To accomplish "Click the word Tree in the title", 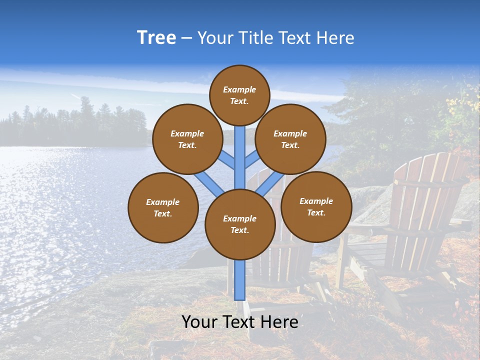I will (x=156, y=38).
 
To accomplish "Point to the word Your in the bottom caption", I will (x=201, y=322).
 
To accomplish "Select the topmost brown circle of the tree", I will (x=239, y=95).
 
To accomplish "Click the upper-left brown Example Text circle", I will (x=187, y=139).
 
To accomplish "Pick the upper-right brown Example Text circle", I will (x=290, y=139).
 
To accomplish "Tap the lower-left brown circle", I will (x=163, y=207).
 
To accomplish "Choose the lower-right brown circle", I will (x=316, y=206).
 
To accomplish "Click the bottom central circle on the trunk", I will (x=240, y=224).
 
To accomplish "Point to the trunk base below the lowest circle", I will (x=240, y=280).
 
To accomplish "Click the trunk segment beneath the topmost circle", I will (x=240, y=150).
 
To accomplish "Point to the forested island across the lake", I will (x=75, y=125).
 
